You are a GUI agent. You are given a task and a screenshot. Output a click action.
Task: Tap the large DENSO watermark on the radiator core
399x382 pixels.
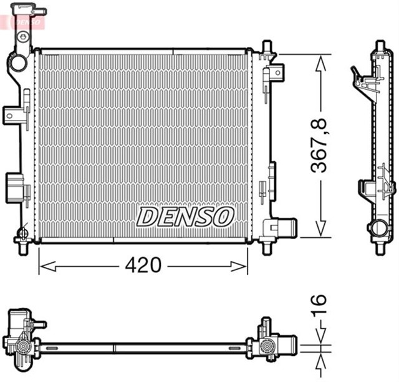click(185, 217)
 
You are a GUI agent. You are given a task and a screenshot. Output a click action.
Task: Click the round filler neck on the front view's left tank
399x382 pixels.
click(17, 63)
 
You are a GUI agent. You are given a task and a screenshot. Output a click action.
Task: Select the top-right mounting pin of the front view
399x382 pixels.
click(267, 49)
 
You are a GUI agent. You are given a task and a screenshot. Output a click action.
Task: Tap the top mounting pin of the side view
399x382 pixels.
click(379, 47)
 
